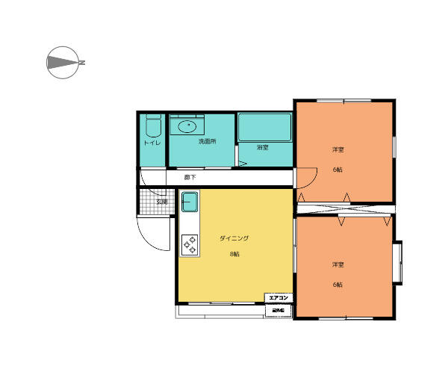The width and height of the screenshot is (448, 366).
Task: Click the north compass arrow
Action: click(64, 63)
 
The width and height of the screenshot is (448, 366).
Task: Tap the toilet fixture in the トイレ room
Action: click(153, 125)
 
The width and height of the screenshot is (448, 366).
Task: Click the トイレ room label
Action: click(152, 143)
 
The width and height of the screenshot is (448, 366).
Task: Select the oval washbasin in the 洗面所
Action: click(188, 125)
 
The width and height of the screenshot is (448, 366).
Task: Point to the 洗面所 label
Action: click(207, 141)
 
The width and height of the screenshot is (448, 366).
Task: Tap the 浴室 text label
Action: click(262, 148)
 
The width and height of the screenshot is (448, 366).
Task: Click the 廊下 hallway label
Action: click(190, 178)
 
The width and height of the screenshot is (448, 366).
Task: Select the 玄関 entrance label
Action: click(162, 202)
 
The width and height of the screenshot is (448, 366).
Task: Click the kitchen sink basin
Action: click(190, 201)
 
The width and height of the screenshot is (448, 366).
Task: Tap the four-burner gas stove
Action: click(190, 244)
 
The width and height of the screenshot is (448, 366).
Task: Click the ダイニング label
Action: click(234, 238)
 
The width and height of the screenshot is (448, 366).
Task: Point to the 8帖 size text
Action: click(234, 254)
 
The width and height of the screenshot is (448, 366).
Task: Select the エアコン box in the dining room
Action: click(279, 297)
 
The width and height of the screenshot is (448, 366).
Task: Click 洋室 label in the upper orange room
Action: click(338, 150)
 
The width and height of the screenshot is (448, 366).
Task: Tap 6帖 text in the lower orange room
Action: click(338, 285)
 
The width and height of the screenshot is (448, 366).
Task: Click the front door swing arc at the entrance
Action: click(153, 238)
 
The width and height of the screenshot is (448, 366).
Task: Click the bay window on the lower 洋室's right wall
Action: click(399, 263)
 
